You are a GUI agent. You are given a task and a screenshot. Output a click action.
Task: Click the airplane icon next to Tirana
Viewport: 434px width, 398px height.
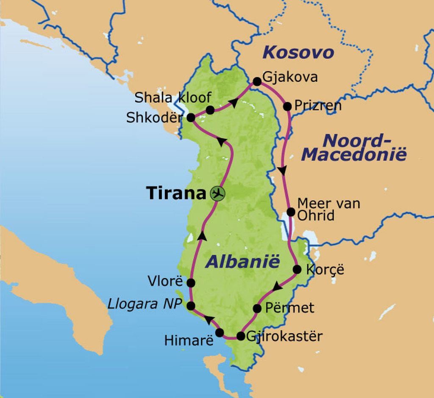coord(218,193)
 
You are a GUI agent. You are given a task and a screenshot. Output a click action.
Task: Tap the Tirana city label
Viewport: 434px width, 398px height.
coord(176,193)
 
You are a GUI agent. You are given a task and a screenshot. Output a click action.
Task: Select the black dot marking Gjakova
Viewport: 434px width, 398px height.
coord(257,81)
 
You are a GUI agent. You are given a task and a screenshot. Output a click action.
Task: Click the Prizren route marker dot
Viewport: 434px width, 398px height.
coord(287,106)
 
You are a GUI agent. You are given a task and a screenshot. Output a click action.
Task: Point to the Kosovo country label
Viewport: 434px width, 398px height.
coord(298,53)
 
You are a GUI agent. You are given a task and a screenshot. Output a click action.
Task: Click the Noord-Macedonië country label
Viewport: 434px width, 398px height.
coord(354,147)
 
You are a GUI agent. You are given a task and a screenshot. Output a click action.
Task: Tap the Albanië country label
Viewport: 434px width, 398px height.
coord(243,262)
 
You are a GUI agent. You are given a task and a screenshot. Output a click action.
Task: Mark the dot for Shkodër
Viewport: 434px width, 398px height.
coord(191,118)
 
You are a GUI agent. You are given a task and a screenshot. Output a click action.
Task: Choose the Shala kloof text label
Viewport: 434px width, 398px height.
coord(172,97)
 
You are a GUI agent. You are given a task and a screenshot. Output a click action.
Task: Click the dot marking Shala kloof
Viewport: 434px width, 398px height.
coord(210,110)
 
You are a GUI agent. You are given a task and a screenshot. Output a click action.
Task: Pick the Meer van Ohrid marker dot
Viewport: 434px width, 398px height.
coord(291,212)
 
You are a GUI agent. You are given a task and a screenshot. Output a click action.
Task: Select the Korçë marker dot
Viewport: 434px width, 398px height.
coord(297,269)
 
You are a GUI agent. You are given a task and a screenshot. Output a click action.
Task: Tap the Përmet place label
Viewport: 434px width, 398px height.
coord(289,308)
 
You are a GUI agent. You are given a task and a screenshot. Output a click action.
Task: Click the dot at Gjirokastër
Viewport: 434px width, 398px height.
coord(240,336)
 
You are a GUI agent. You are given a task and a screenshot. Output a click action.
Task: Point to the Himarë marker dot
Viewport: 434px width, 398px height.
coord(220,333)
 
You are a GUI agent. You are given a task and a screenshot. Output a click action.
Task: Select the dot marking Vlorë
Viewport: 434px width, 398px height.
coord(191,282)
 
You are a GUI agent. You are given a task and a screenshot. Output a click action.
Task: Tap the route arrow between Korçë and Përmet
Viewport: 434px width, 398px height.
coord(277,287)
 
